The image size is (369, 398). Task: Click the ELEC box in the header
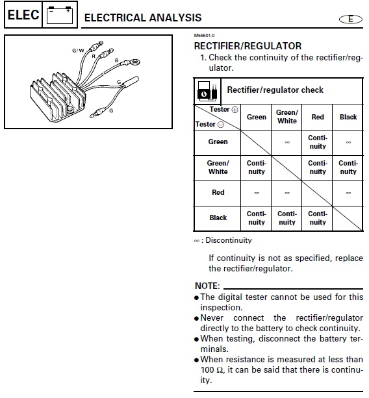click(23, 15)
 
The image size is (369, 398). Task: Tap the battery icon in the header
click(60, 15)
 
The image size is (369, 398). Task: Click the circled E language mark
click(351, 19)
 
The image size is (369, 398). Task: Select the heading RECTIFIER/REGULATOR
click(248, 46)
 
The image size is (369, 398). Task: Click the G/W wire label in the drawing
click(78, 50)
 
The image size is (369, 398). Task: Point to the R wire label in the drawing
click(94, 56)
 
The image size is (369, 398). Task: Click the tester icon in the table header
click(207, 91)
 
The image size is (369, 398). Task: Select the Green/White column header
click(287, 117)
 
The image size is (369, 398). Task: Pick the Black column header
click(348, 117)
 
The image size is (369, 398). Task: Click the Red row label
click(218, 192)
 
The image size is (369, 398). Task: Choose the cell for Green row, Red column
click(318, 142)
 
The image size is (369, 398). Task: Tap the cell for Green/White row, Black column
click(348, 168)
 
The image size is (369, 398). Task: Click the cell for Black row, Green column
click(256, 218)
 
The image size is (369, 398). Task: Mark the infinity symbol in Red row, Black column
click(348, 193)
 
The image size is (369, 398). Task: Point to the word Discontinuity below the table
click(229, 240)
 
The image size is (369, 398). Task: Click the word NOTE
click(207, 286)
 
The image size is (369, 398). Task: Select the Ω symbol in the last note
click(220, 370)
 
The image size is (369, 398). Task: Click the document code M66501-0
click(204, 36)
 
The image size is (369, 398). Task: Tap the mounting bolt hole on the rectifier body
click(70, 110)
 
